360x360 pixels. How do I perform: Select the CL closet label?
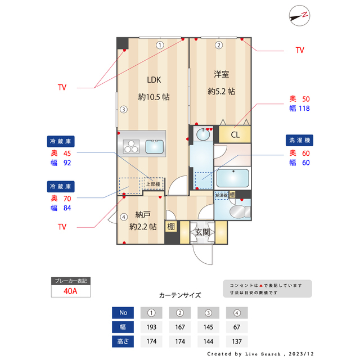tap(235, 135)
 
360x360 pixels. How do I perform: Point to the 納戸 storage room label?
tap(143, 215)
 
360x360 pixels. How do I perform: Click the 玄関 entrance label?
tap(202, 232)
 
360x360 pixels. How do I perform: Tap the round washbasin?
tap(200, 134)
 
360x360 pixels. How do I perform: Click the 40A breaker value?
tap(71, 291)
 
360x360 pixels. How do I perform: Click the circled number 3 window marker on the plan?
tap(123, 109)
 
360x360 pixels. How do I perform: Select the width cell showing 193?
tap(151, 327)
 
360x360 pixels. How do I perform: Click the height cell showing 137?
tap(237, 341)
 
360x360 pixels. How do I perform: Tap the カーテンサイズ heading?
tap(180, 295)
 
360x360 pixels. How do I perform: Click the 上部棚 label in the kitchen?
tap(153, 184)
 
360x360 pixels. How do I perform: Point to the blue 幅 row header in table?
tap(123, 327)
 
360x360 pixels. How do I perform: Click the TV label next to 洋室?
tap(300, 50)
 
